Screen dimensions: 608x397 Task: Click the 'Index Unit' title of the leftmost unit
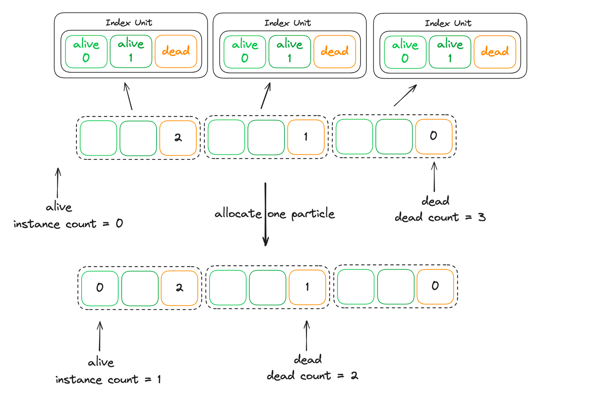click(x=129, y=23)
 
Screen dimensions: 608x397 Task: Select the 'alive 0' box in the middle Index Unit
click(x=245, y=52)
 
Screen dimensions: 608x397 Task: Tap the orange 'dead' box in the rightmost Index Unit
click(x=495, y=52)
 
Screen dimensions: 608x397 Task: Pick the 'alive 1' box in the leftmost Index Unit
click(x=131, y=51)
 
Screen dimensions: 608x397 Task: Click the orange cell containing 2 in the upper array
click(x=178, y=138)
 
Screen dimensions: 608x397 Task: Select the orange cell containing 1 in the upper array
click(x=306, y=137)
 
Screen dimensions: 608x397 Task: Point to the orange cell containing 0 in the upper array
click(x=434, y=136)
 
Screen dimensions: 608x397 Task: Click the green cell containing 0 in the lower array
click(x=100, y=288)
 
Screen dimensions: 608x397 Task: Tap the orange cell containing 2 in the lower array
click(x=180, y=288)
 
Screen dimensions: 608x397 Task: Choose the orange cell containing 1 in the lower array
click(x=307, y=287)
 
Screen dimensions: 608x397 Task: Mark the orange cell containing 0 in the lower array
click(x=435, y=287)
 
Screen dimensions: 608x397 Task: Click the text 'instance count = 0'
click(x=68, y=224)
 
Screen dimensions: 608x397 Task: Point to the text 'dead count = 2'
click(x=313, y=376)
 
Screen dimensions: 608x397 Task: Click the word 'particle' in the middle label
click(x=313, y=214)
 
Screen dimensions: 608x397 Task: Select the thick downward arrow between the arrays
click(x=265, y=214)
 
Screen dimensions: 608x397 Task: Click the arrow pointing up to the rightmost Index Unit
click(x=405, y=95)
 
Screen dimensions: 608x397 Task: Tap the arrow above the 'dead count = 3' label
click(x=434, y=177)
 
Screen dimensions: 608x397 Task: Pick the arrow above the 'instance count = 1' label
click(x=100, y=336)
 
